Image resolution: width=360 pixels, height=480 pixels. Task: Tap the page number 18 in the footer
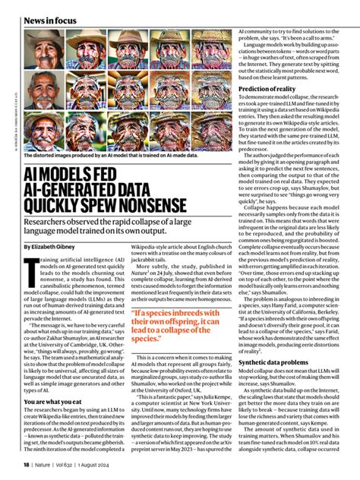click(25, 464)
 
